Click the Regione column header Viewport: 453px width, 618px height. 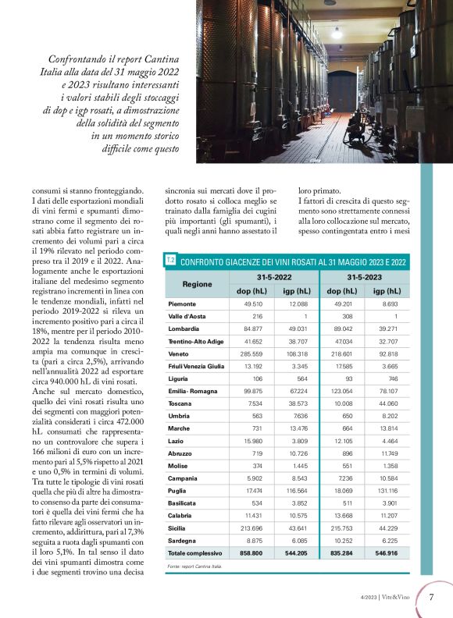point(197,284)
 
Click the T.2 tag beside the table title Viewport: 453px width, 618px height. point(169,260)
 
